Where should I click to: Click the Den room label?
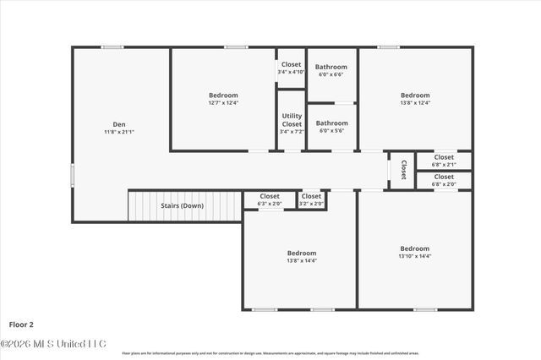click(x=119, y=123)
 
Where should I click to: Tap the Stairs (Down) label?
click(x=182, y=205)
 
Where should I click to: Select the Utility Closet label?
click(x=292, y=120)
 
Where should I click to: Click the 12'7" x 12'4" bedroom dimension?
click(x=223, y=103)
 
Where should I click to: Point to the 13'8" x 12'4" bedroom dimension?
click(x=415, y=103)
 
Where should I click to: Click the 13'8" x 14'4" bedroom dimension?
click(x=301, y=260)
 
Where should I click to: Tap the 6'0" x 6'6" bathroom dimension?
click(x=331, y=74)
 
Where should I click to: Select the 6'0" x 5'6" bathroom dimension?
click(x=331, y=131)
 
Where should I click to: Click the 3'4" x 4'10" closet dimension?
click(x=291, y=72)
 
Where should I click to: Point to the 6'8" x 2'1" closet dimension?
click(x=444, y=165)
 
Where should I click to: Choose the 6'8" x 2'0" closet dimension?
click(x=444, y=184)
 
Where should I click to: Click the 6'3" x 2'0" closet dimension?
click(x=270, y=204)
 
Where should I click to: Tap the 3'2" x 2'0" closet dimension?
click(x=311, y=204)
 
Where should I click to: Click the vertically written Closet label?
click(x=403, y=169)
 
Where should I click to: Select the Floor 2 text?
click(x=21, y=324)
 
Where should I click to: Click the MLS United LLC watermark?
click(x=52, y=344)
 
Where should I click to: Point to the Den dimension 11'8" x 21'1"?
click(x=119, y=132)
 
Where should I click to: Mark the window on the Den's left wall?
click(x=72, y=175)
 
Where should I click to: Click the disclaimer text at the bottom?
click(x=270, y=353)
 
